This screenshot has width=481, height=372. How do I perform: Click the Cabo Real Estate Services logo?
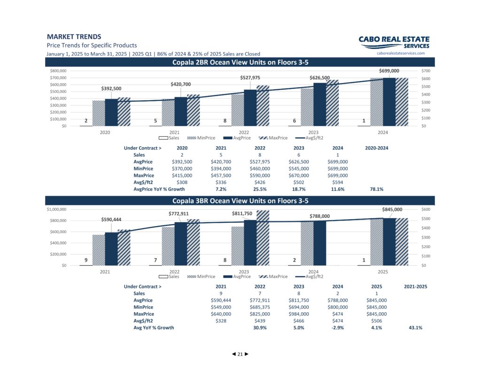[x=394, y=42]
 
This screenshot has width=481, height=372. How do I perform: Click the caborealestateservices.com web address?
[x=401, y=53]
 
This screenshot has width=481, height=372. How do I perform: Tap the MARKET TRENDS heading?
[x=74, y=37]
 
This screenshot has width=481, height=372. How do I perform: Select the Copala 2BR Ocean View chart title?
[x=240, y=63]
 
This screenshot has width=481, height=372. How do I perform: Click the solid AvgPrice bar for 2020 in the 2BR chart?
[x=111, y=112]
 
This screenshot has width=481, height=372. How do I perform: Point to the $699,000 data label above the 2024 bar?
[x=389, y=71]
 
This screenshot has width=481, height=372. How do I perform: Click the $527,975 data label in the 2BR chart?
[x=250, y=78]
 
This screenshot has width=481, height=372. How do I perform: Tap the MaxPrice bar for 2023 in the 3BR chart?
[x=263, y=238]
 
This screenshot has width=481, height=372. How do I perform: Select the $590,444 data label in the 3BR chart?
[x=111, y=219]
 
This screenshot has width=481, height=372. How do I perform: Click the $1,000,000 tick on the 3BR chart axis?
[x=56, y=209]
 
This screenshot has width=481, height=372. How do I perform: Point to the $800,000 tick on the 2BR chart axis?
[x=58, y=71]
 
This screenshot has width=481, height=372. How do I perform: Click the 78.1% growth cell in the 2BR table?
[x=376, y=189]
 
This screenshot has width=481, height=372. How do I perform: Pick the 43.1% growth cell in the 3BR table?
[x=415, y=328]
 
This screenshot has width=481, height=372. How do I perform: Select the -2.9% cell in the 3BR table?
[x=337, y=328]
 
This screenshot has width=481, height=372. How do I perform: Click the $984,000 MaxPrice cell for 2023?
[x=298, y=314]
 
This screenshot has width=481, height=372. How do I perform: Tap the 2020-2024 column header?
[x=376, y=148]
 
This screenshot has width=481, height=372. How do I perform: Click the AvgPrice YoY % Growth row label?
[x=159, y=189]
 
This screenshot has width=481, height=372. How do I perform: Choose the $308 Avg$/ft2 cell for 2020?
[x=182, y=182]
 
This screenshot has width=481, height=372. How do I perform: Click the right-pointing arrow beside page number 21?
[x=247, y=354]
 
